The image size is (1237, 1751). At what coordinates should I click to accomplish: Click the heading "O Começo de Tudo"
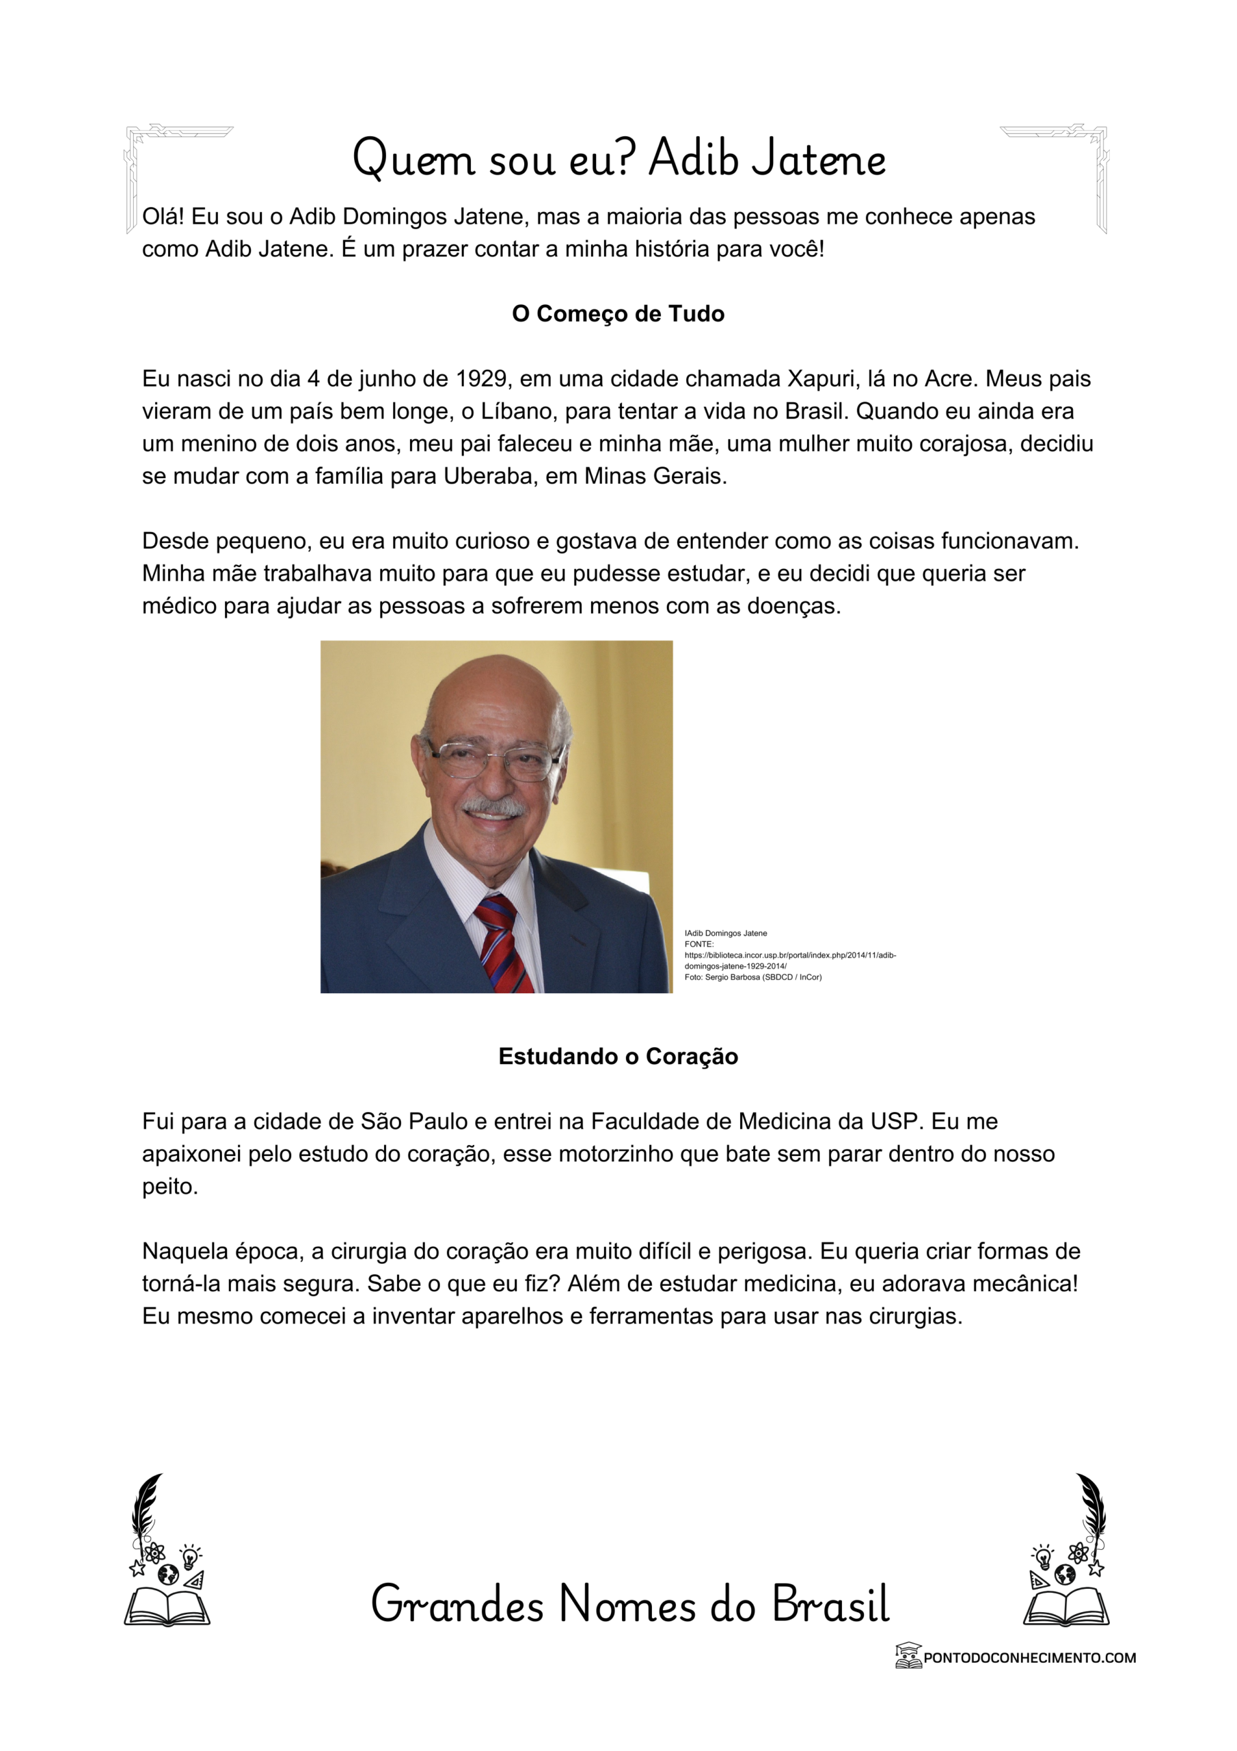tap(617, 313)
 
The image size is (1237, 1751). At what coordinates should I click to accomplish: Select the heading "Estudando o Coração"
tap(617, 1056)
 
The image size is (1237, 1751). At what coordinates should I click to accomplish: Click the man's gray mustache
tap(494, 807)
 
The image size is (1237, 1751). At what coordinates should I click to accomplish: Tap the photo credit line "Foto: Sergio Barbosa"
tap(752, 977)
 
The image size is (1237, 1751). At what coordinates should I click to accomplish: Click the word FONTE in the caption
tap(698, 944)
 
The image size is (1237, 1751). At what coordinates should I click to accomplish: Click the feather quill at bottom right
tap(1091, 1506)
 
